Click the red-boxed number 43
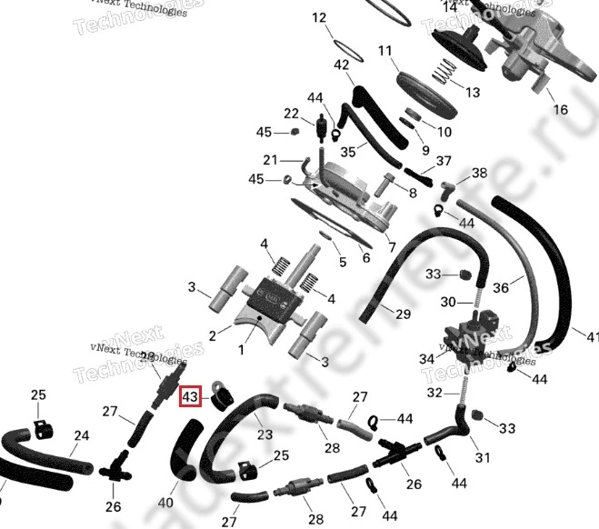point(190,397)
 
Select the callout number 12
point(318,18)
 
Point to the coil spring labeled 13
point(443,71)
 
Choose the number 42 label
point(342,65)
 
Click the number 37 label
point(444,161)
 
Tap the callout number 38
point(479,173)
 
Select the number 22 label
point(291,114)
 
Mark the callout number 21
point(269,160)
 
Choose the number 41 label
point(592,336)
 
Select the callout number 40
point(165,501)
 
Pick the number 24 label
point(81,436)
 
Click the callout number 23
point(265,434)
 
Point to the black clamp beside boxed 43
point(219,399)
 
